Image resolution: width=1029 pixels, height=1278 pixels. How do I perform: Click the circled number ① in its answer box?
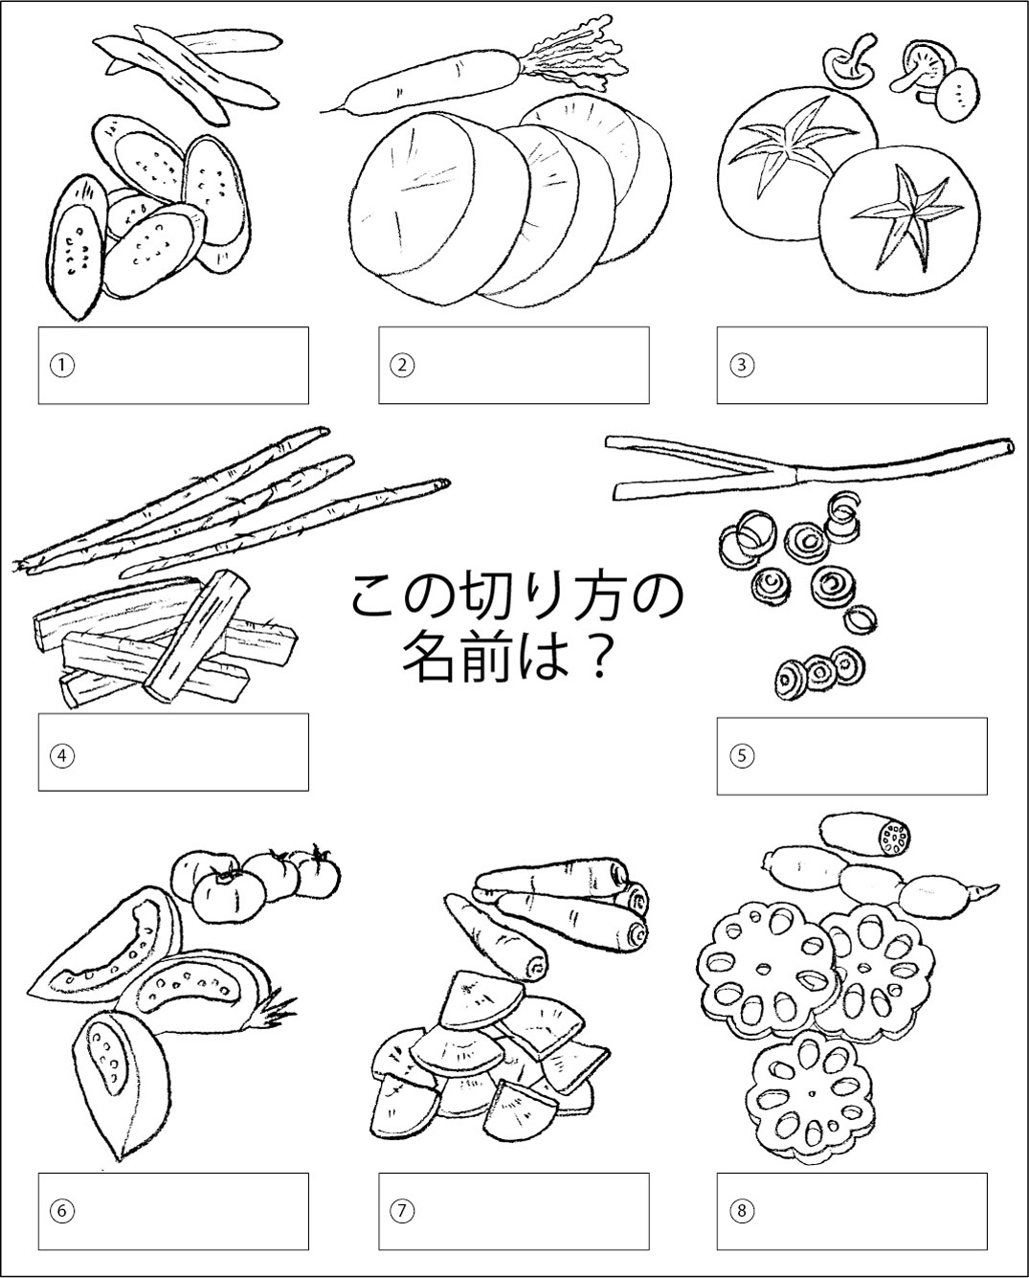pos(62,366)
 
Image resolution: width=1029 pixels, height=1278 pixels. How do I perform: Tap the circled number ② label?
pos(402,366)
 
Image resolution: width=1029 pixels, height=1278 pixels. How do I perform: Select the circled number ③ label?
pos(741,366)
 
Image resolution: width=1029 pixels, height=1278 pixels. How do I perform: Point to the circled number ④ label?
pos(62,756)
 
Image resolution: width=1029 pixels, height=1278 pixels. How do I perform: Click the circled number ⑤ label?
pos(741,756)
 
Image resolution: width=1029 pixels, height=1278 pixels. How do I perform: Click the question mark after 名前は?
pos(594,660)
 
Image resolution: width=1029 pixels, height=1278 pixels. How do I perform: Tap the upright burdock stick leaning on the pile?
pos(197,636)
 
